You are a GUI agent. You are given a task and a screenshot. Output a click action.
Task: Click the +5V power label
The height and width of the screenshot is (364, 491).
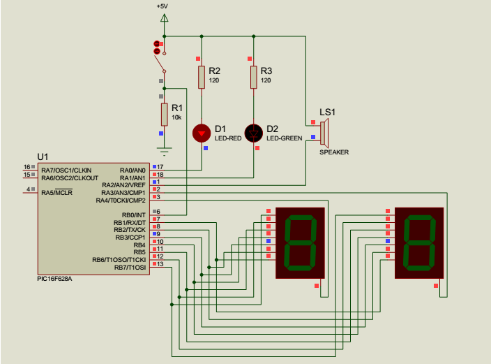click(x=163, y=6)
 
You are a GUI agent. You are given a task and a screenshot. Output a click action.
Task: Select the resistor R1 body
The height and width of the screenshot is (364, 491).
click(x=164, y=114)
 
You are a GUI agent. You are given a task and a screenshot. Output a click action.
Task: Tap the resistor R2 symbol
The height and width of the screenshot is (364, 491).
click(x=202, y=77)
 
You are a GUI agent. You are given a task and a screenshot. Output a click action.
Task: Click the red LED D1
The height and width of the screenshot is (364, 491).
click(x=202, y=132)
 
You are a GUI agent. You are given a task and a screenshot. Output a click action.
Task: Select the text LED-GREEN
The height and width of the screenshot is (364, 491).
click(x=284, y=138)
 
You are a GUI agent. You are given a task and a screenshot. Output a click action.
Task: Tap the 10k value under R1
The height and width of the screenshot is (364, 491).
click(x=176, y=117)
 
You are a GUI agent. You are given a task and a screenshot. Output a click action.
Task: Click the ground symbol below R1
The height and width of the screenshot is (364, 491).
click(x=164, y=148)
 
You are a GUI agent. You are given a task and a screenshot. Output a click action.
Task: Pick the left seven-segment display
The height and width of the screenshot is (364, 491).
click(x=301, y=243)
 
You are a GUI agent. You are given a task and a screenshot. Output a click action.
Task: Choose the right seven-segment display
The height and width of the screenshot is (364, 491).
click(x=419, y=243)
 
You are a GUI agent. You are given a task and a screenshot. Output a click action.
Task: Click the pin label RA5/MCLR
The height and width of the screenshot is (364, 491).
click(x=56, y=192)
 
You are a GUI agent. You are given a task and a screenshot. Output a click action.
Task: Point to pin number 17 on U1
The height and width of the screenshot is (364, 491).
click(x=160, y=166)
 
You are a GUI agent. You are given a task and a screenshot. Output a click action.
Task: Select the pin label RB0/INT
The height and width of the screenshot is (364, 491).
click(x=133, y=214)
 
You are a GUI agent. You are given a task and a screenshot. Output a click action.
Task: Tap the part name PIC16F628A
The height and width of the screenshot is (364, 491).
click(x=55, y=278)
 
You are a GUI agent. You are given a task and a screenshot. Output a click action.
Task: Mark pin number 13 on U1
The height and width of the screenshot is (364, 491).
click(x=160, y=264)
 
